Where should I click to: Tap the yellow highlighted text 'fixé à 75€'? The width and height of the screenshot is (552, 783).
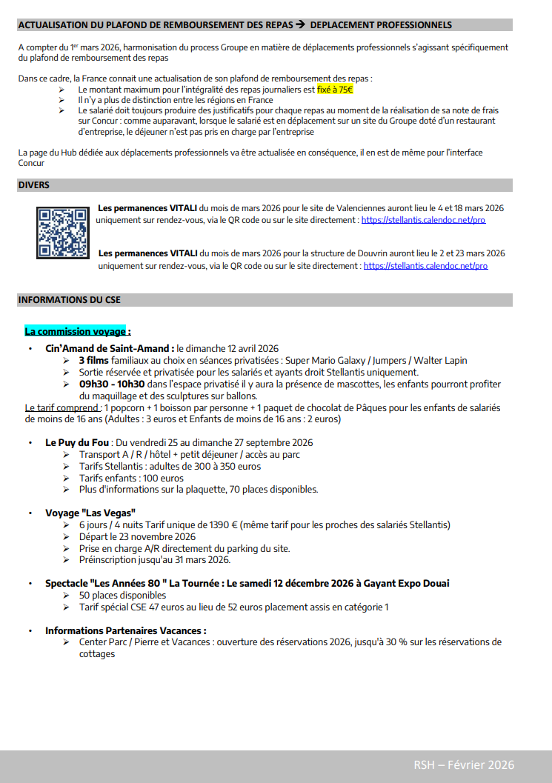[335, 89]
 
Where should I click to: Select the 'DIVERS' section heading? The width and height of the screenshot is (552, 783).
[33, 185]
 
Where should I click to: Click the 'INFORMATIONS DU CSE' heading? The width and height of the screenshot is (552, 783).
[69, 300]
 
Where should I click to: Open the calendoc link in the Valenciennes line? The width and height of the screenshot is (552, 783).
[423, 220]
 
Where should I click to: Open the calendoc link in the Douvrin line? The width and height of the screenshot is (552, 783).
[425, 265]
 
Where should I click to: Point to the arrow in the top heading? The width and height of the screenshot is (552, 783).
[300, 25]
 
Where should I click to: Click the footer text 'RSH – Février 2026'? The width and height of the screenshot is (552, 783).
[464, 764]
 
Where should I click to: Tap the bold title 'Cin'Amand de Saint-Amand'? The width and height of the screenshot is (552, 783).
[110, 348]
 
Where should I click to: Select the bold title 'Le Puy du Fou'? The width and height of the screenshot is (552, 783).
[78, 442]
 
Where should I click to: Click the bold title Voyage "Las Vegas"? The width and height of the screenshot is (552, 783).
[90, 513]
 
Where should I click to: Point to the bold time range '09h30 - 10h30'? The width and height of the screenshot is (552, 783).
[112, 384]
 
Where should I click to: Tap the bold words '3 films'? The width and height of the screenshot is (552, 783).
[95, 361]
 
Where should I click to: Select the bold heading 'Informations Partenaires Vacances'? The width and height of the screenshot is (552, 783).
[125, 630]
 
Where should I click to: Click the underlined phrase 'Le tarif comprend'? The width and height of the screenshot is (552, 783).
[62, 407]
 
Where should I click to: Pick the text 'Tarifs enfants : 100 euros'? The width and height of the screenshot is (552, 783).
[131, 478]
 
